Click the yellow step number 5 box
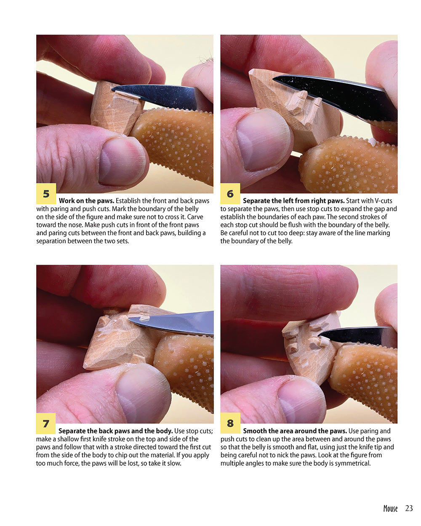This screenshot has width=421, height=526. (x=46, y=194)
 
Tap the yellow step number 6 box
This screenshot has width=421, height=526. (x=230, y=194)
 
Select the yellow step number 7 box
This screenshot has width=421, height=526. (x=46, y=423)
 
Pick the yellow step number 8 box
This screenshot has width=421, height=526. (x=230, y=423)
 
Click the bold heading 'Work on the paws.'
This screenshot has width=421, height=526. (x=86, y=201)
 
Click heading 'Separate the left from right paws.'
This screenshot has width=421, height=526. (x=293, y=201)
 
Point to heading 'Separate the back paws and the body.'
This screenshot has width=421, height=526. (x=115, y=431)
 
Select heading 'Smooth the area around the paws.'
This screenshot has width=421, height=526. (x=295, y=431)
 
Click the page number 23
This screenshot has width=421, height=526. (x=409, y=508)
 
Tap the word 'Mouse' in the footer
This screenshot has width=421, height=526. (x=390, y=508)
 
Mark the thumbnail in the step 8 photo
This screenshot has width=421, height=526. (x=301, y=400)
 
